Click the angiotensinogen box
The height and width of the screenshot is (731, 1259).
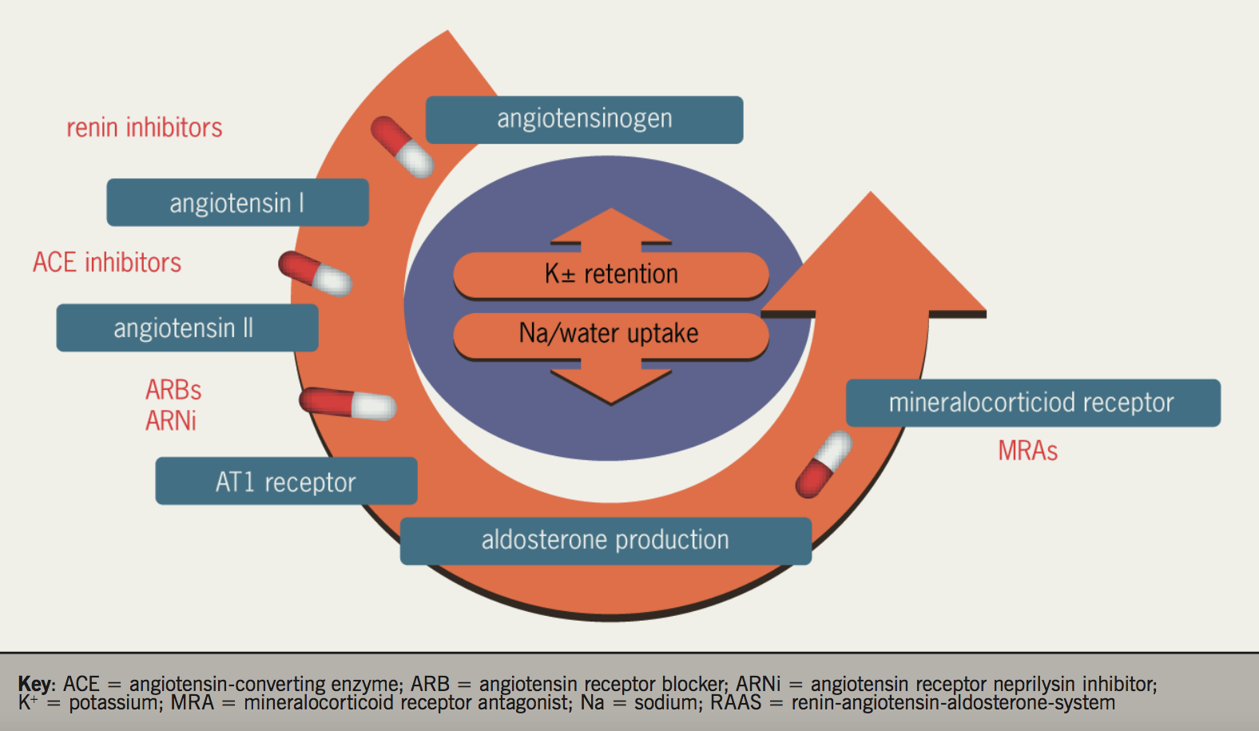point(584,120)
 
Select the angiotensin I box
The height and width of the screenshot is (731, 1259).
point(237,203)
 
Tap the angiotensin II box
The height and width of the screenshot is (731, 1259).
point(187,328)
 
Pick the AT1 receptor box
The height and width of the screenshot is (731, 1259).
point(286,482)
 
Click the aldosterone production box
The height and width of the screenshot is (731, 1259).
point(605,541)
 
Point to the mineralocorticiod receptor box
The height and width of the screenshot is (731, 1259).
point(1032,403)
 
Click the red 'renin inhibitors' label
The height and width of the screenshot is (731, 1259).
point(144,128)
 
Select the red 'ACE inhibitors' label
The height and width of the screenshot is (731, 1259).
point(107,263)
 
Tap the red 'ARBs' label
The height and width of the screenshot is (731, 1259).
point(173,390)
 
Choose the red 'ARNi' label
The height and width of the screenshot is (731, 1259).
point(171,421)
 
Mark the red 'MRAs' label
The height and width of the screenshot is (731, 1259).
point(1027,451)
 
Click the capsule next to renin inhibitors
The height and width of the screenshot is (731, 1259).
point(402,146)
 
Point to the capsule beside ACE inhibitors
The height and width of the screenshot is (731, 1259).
point(315,273)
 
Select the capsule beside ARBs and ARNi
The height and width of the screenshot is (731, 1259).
point(348,403)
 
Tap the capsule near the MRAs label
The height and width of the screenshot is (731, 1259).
point(824,464)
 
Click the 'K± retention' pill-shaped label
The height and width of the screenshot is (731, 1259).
point(611,275)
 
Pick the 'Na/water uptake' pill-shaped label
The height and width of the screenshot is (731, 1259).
point(611,334)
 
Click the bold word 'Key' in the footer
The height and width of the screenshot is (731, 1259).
point(35,684)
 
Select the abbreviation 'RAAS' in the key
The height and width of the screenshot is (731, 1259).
point(736,703)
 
